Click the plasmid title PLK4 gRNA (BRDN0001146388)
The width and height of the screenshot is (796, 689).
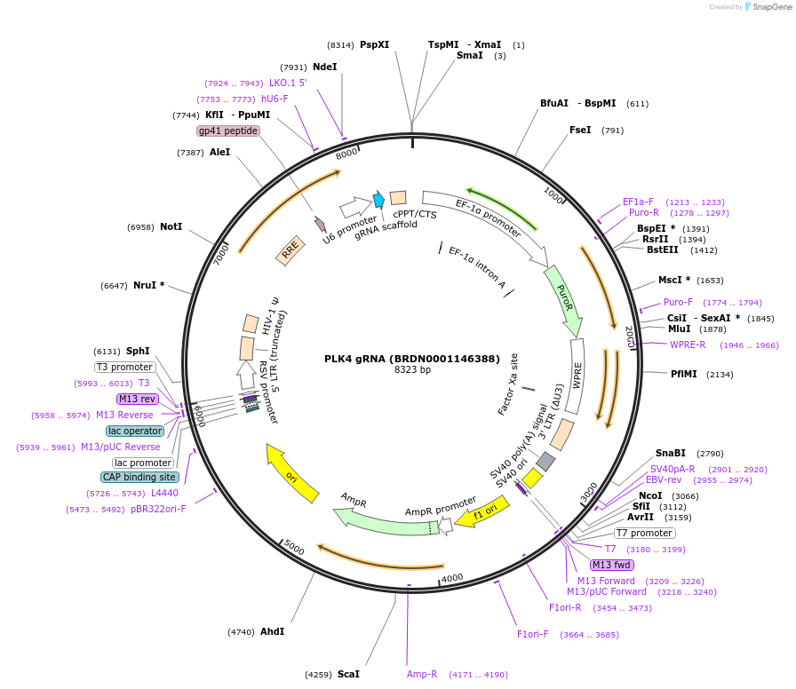(x=412, y=359)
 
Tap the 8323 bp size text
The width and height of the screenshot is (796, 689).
(x=412, y=369)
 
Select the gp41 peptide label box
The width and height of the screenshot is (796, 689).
(x=228, y=131)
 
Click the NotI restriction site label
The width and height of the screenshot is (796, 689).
(x=171, y=227)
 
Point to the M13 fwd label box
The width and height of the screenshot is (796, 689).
(x=612, y=565)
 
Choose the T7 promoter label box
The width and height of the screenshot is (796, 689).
(x=644, y=533)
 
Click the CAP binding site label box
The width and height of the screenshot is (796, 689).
(x=139, y=477)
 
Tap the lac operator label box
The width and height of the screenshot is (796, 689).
(x=135, y=431)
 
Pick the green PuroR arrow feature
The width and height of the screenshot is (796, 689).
(x=563, y=298)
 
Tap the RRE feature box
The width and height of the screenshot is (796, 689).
(x=290, y=252)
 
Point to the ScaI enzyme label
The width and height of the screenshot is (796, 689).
(x=348, y=674)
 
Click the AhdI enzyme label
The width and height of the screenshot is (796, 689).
(x=272, y=631)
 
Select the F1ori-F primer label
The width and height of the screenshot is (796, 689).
(x=533, y=634)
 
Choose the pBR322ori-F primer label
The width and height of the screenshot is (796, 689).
(x=158, y=510)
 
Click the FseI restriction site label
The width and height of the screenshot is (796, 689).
(x=580, y=130)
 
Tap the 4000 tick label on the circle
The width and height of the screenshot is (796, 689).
(x=452, y=578)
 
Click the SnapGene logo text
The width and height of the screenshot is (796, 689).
(x=768, y=7)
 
